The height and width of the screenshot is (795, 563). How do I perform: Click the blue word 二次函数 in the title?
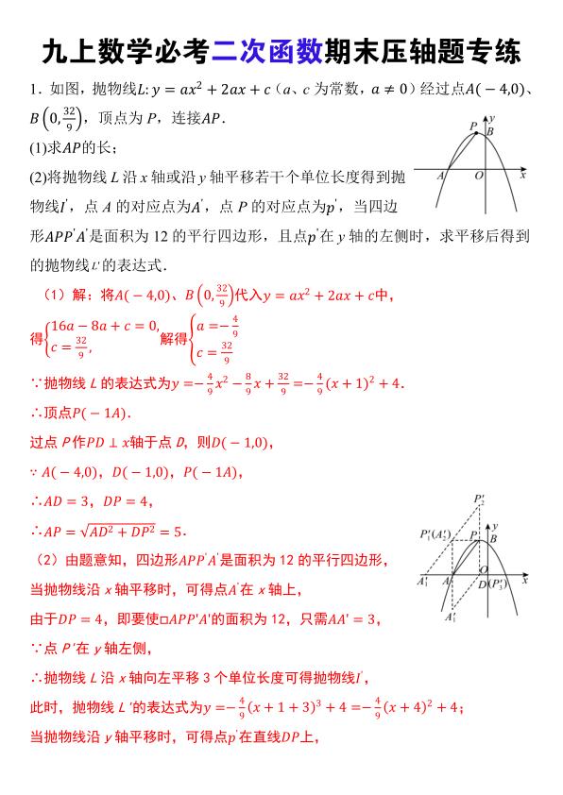(x=269, y=49)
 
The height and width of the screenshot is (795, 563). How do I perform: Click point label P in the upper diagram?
(x=472, y=127)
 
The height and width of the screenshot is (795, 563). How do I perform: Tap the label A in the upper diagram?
(x=441, y=176)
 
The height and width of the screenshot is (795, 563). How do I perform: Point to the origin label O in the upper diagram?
(x=478, y=176)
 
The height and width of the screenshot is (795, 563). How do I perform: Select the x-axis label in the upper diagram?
(x=522, y=176)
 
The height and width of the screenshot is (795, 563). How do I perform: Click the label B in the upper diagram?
(x=490, y=132)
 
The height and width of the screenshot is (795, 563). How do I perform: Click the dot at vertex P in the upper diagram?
(x=478, y=134)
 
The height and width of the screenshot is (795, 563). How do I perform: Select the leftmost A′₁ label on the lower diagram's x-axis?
(x=422, y=584)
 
